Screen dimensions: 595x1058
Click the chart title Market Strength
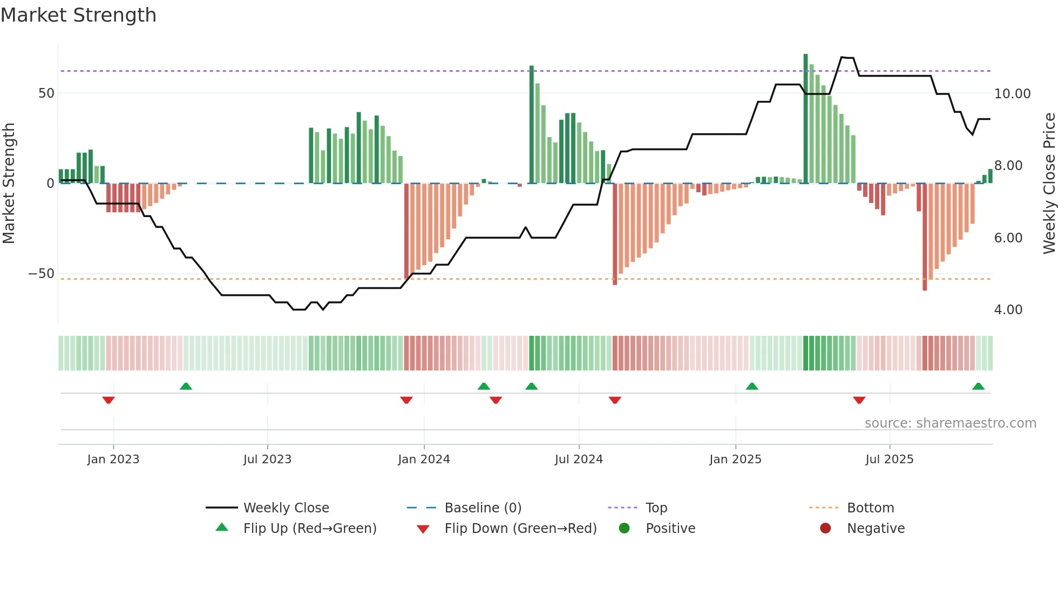(78, 15)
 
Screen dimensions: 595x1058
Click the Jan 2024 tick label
(424, 459)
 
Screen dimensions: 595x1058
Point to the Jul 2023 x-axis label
(267, 459)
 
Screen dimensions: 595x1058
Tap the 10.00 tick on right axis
(1012, 94)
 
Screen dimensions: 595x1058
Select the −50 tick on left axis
(42, 274)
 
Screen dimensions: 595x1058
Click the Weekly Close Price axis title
(1049, 183)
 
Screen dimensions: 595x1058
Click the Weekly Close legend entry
(286, 508)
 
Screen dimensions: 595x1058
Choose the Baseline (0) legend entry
(483, 508)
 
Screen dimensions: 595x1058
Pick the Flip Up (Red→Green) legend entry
(309, 529)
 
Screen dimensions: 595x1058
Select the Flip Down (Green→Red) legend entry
(520, 529)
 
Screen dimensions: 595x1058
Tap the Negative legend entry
(875, 529)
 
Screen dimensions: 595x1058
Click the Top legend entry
(656, 508)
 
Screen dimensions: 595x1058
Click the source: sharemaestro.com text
(950, 423)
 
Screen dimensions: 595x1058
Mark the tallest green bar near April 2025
(805, 119)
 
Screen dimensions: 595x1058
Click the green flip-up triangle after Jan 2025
(752, 386)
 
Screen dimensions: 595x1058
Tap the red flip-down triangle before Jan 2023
(108, 400)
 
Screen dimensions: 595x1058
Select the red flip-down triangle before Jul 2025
(859, 400)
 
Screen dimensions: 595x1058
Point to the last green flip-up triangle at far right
(978, 386)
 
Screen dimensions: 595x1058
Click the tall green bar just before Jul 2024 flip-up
(532, 124)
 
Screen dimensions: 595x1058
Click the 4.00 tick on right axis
(1008, 310)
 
